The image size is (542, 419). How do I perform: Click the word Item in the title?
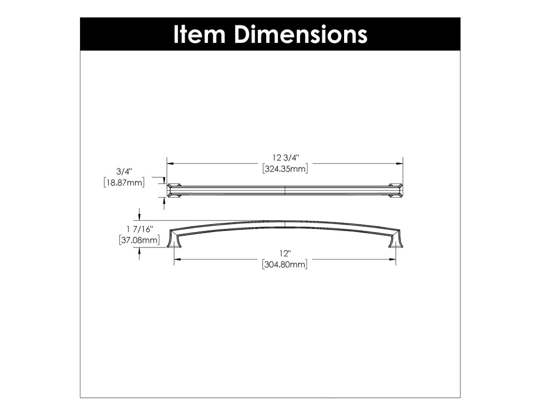(x=199, y=34)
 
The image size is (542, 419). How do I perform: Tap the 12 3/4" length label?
(x=286, y=157)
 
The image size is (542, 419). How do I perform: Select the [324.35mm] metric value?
(x=285, y=169)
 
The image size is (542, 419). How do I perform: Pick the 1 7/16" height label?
(x=139, y=229)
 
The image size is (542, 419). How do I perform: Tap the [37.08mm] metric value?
(x=139, y=240)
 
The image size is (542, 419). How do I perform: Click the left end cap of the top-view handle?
(x=174, y=190)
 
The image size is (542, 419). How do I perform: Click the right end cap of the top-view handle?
(x=396, y=190)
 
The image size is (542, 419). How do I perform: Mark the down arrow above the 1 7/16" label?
(x=139, y=217)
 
